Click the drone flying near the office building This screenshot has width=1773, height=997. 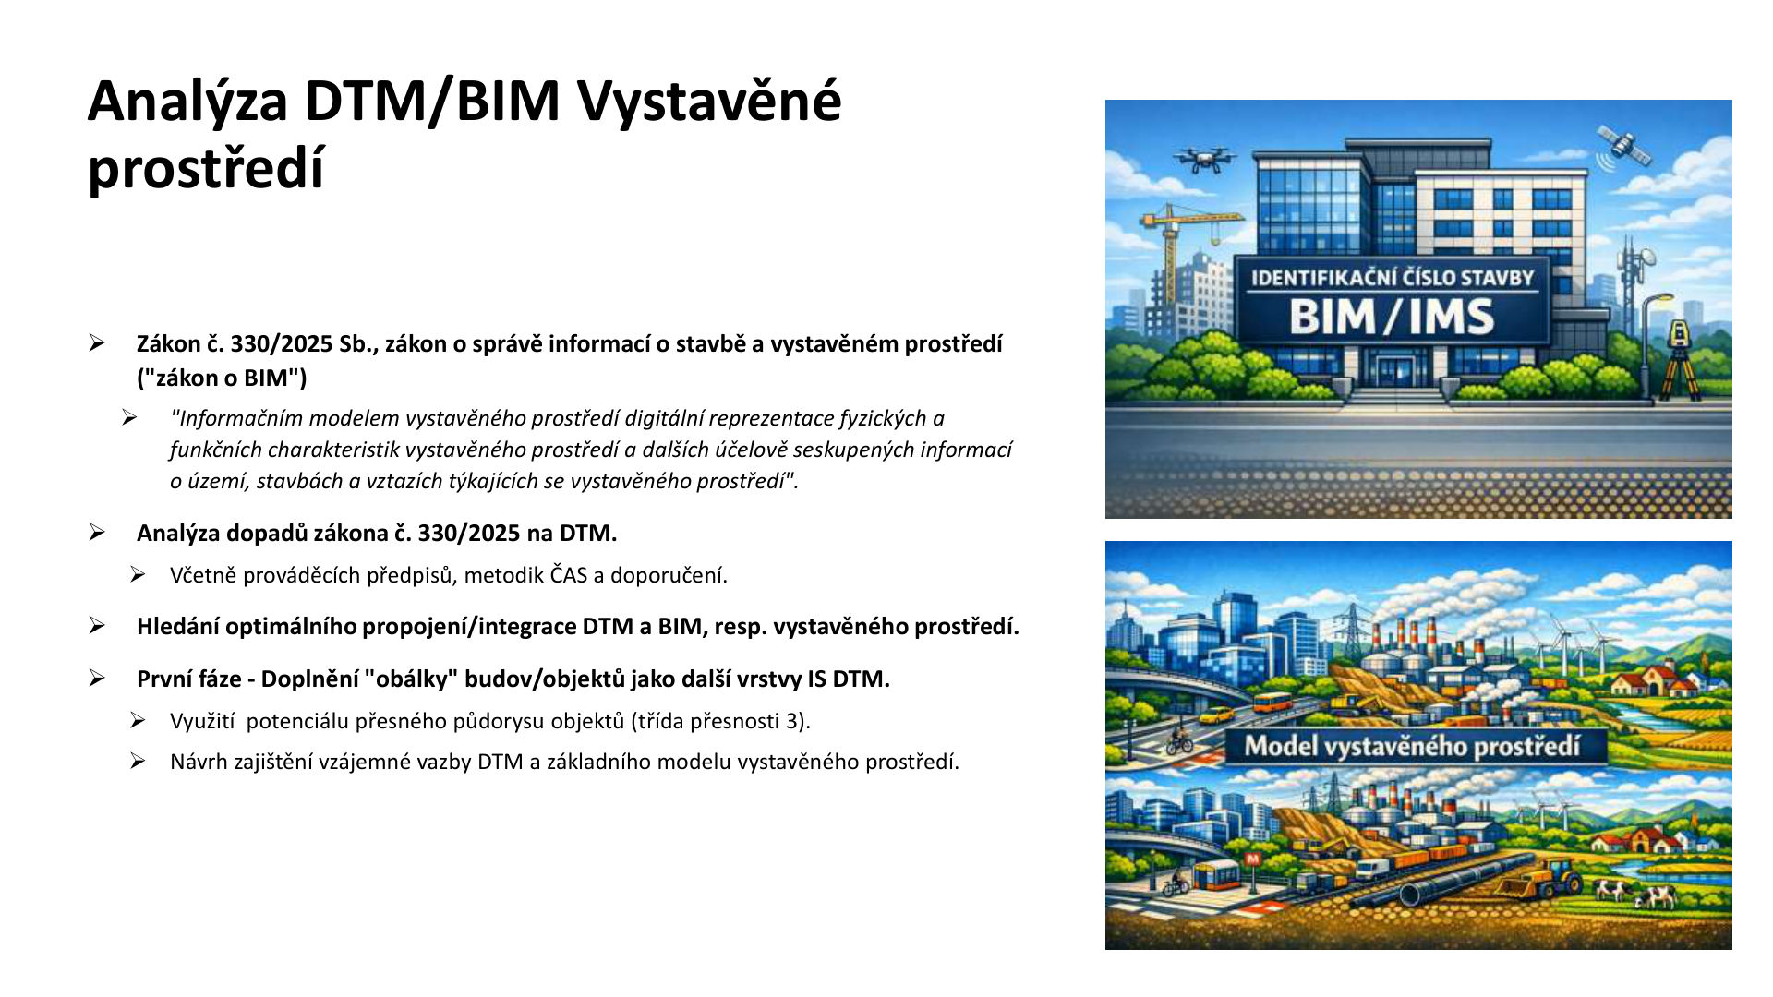point(1204,159)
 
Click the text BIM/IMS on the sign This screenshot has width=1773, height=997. point(1392,317)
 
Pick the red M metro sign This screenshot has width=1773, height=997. point(1253,859)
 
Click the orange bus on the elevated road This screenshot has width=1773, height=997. point(1272,703)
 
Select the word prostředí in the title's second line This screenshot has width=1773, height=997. point(206,170)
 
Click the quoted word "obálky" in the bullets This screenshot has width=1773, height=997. point(411,679)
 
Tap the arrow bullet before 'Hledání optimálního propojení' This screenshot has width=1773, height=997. point(97,626)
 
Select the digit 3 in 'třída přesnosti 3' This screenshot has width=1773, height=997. point(794,721)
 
